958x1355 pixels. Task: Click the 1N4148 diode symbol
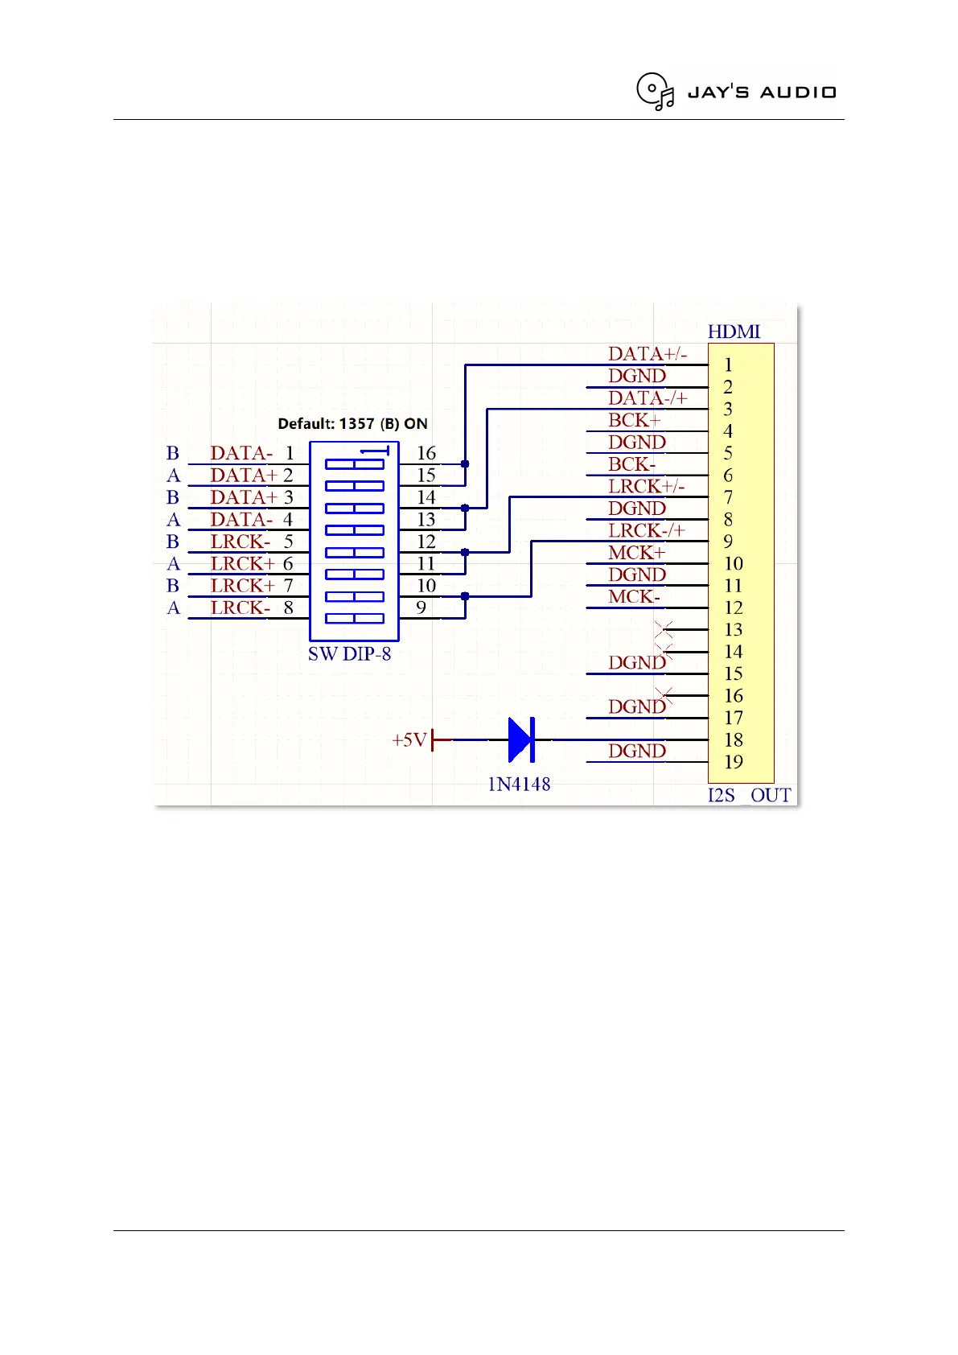(x=521, y=739)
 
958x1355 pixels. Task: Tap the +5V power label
(x=409, y=739)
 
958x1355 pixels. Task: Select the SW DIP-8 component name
(x=349, y=654)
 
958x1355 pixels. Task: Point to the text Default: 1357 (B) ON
(x=352, y=423)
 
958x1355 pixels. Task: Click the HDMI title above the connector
(x=734, y=332)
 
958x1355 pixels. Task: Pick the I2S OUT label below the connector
(x=749, y=796)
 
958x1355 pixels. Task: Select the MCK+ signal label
(x=636, y=553)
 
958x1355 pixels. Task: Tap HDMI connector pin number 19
(x=734, y=762)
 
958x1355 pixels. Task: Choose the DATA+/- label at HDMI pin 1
(x=648, y=354)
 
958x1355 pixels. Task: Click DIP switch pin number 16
(x=426, y=454)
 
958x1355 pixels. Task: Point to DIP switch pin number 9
(x=421, y=607)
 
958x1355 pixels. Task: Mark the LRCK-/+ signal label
(x=647, y=531)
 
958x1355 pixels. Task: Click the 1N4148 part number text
(x=519, y=785)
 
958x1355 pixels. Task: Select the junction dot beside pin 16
(x=465, y=464)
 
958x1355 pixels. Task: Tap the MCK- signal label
(x=634, y=597)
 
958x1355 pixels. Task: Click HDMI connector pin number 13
(x=734, y=630)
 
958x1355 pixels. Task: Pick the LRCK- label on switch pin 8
(x=241, y=608)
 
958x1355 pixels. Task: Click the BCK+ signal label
(x=634, y=420)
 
